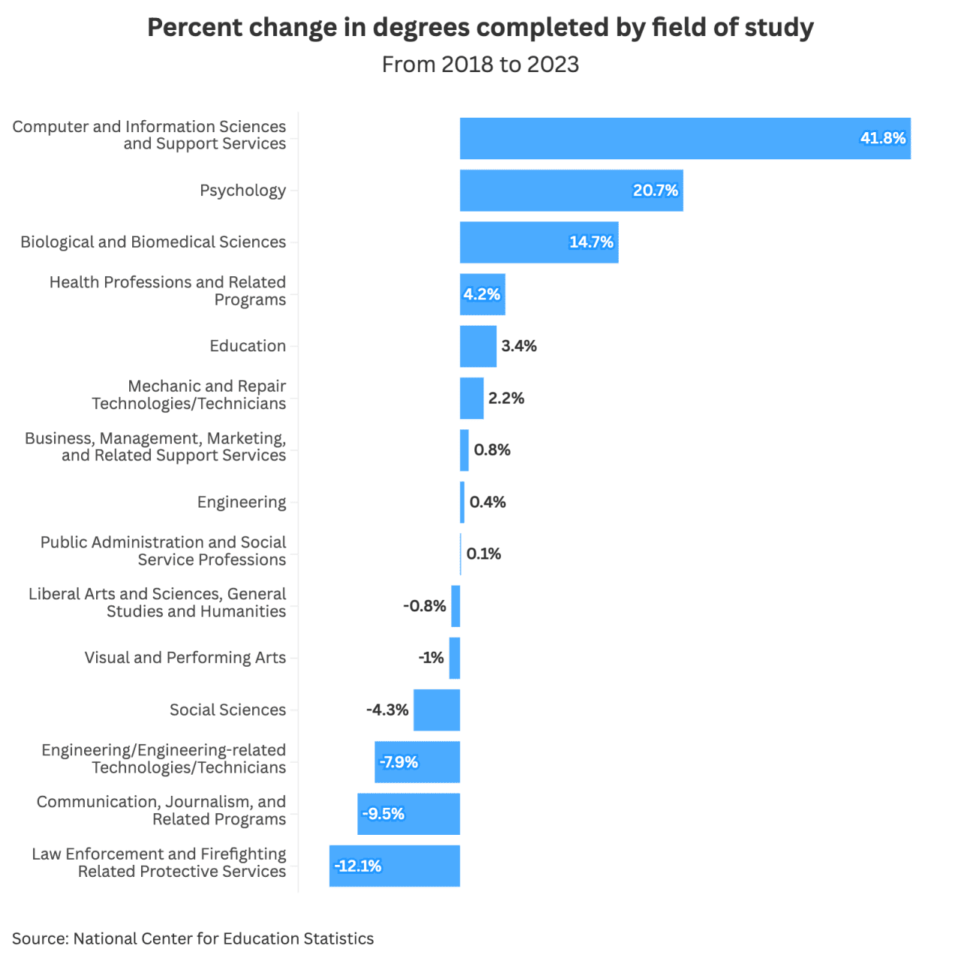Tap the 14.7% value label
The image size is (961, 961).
pyautogui.click(x=591, y=243)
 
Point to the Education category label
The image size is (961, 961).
pyautogui.click(x=248, y=346)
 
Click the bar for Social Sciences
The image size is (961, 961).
pyautogui.click(x=436, y=710)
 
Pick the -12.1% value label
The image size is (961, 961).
pyautogui.click(x=358, y=866)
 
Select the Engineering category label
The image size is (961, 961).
pyautogui.click(x=242, y=502)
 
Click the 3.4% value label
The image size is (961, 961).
pyautogui.click(x=519, y=346)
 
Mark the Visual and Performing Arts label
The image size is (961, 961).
pyautogui.click(x=185, y=658)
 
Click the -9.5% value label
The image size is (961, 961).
pyautogui.click(x=384, y=814)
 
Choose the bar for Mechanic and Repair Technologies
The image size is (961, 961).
pyautogui.click(x=471, y=398)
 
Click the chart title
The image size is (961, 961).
pyautogui.click(x=480, y=28)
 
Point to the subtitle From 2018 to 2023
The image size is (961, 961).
pyautogui.click(x=480, y=65)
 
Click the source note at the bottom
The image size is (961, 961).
pyautogui.click(x=193, y=938)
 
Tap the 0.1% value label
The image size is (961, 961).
pyautogui.click(x=484, y=554)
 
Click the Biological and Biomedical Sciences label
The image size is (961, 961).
pyautogui.click(x=153, y=243)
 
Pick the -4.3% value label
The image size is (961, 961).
pyautogui.click(x=387, y=710)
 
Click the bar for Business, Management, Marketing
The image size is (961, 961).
pyautogui.click(x=464, y=450)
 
